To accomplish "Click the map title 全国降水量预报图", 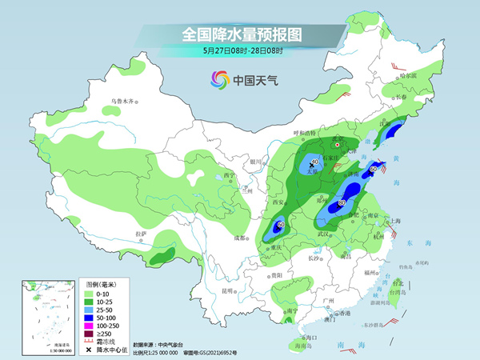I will coord(239,34).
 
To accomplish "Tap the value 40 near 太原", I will coord(314,162).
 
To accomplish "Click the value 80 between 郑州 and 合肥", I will coord(342,203).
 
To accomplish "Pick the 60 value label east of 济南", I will coord(372,170).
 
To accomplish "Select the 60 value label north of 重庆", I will coord(281,225).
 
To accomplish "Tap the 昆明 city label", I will coord(229,290).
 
